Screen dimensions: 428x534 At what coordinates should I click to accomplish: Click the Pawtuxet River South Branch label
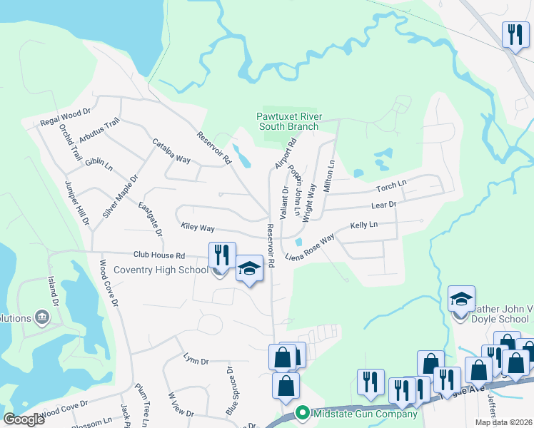[288, 121]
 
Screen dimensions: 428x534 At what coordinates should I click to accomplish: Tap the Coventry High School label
[161, 270]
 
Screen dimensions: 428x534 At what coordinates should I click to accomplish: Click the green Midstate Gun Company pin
[302, 413]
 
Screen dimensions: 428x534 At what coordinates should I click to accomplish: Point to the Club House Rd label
[158, 255]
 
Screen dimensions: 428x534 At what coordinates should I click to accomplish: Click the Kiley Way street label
[198, 228]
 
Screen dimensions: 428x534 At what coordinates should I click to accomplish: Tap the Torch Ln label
[391, 186]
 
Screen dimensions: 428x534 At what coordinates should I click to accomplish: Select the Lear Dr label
[383, 205]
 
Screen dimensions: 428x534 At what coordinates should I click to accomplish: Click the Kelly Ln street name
[363, 225]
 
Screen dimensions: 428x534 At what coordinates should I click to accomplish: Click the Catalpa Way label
[171, 151]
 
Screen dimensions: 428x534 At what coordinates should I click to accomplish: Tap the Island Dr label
[52, 288]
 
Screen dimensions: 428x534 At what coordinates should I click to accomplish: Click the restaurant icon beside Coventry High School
[222, 255]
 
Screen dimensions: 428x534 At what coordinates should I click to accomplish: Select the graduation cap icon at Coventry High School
[249, 268]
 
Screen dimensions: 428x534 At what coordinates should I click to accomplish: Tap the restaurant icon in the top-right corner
[513, 34]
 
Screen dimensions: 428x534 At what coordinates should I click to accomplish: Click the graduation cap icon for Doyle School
[461, 298]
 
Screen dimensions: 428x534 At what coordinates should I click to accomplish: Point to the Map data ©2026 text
[503, 422]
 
